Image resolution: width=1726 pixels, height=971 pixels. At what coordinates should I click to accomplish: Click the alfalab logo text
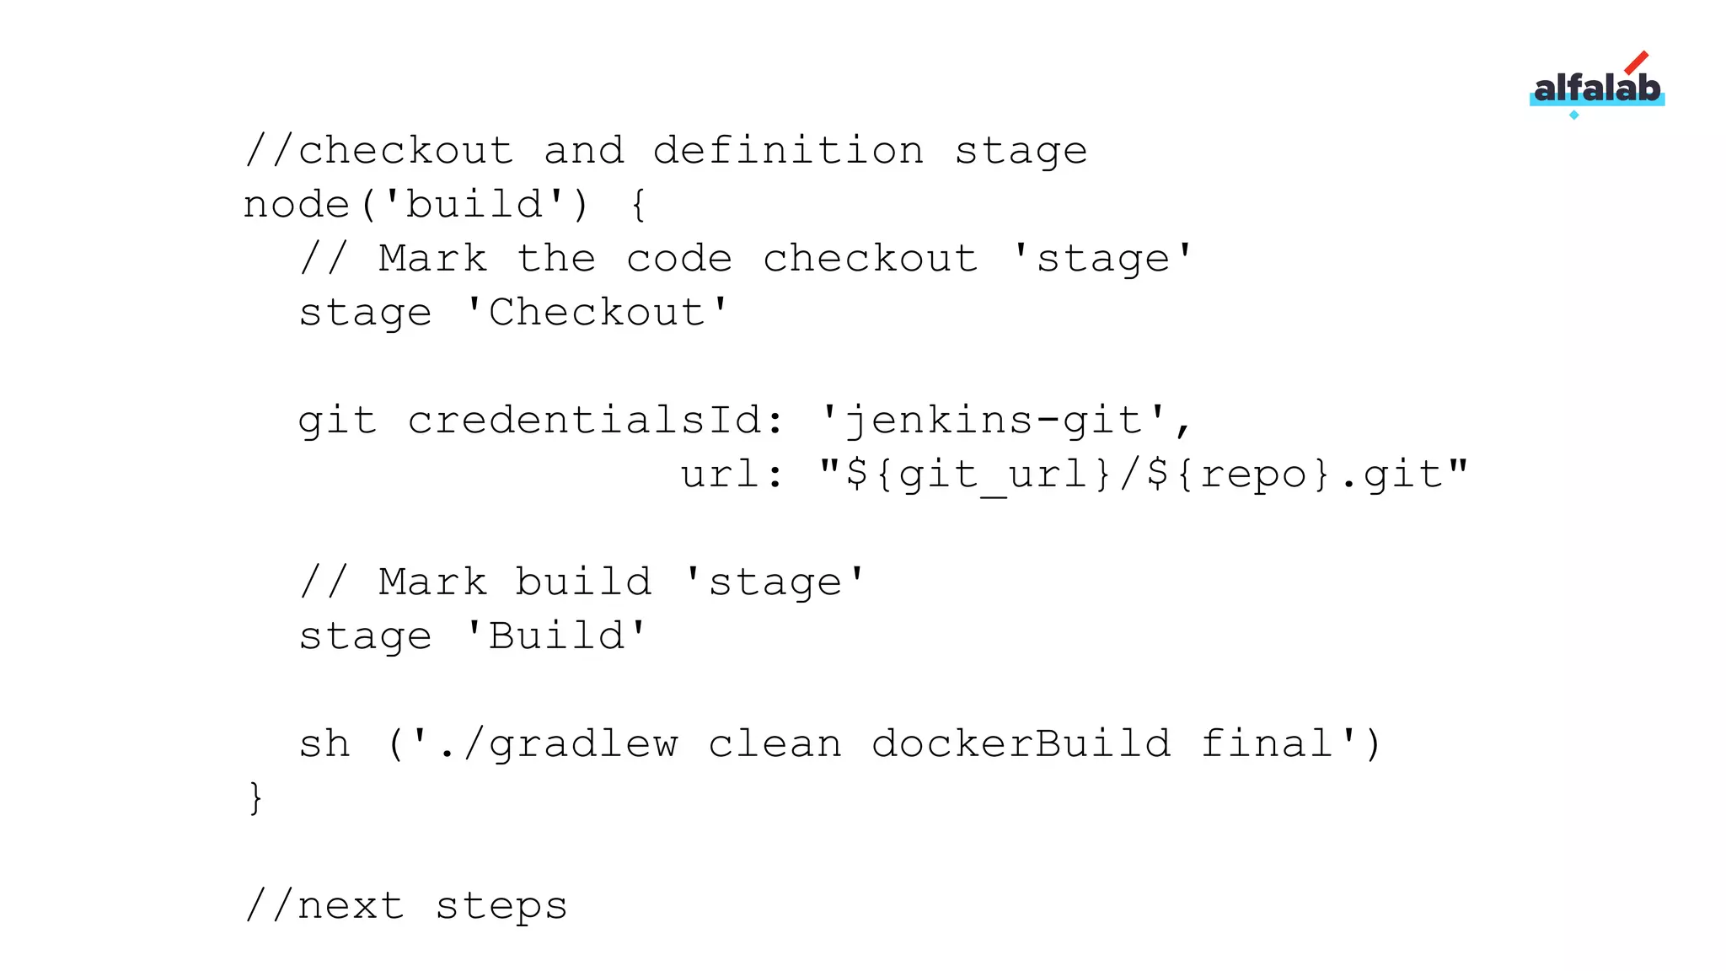coord(1596,89)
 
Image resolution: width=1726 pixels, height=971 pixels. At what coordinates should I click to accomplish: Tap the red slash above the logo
coord(1636,63)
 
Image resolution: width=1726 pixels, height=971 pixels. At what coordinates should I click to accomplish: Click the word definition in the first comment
coord(788,152)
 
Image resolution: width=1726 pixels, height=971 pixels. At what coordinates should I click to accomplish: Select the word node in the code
coord(296,206)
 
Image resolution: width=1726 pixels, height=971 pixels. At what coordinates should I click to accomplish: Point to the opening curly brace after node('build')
coord(639,206)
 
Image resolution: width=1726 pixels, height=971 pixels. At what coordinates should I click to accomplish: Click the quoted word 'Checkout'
coord(597,314)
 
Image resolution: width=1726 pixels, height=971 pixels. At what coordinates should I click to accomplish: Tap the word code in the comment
coord(679,260)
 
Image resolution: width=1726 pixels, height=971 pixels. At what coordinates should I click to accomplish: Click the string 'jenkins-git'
coord(994,421)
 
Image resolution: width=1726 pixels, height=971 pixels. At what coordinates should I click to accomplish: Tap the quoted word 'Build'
coord(556,636)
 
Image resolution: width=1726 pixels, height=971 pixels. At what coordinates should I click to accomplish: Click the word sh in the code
coord(324,744)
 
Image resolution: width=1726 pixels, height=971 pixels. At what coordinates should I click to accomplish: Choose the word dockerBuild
coord(1021,744)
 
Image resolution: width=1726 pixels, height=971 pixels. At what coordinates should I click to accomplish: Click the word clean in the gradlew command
coord(775,744)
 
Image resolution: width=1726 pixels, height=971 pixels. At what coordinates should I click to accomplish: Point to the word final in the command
coord(1267,744)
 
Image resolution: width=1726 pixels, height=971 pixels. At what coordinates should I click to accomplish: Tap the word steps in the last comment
coord(501,907)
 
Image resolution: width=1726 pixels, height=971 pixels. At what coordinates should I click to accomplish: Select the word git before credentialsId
coord(337,421)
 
